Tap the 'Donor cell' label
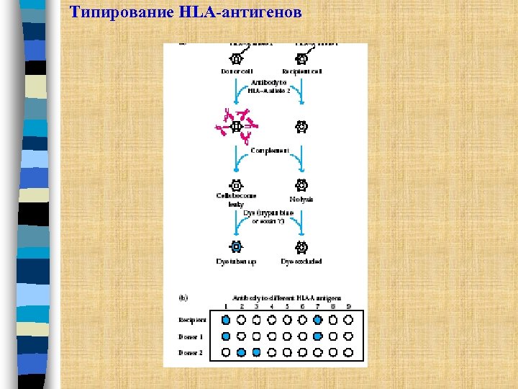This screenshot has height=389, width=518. click(x=237, y=71)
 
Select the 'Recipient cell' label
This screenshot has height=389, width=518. click(x=302, y=71)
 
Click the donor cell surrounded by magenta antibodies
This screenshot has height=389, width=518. click(x=235, y=127)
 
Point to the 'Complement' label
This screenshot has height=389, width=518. click(x=269, y=151)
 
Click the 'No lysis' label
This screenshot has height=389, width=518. click(x=301, y=198)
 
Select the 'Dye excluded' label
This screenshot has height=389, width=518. click(x=301, y=261)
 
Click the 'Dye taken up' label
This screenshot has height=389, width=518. click(x=236, y=261)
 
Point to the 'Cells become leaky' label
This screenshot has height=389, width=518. click(x=236, y=200)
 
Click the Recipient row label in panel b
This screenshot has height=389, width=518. click(x=192, y=319)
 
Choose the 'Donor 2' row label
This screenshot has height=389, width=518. click(x=191, y=352)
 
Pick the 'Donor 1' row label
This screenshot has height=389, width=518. click(x=191, y=336)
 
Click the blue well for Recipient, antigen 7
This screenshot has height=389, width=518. click(x=317, y=319)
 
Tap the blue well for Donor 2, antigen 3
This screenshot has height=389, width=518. click(x=256, y=352)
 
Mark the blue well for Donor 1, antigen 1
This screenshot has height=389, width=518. click(x=226, y=336)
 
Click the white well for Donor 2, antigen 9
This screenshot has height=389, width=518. click(x=348, y=352)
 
